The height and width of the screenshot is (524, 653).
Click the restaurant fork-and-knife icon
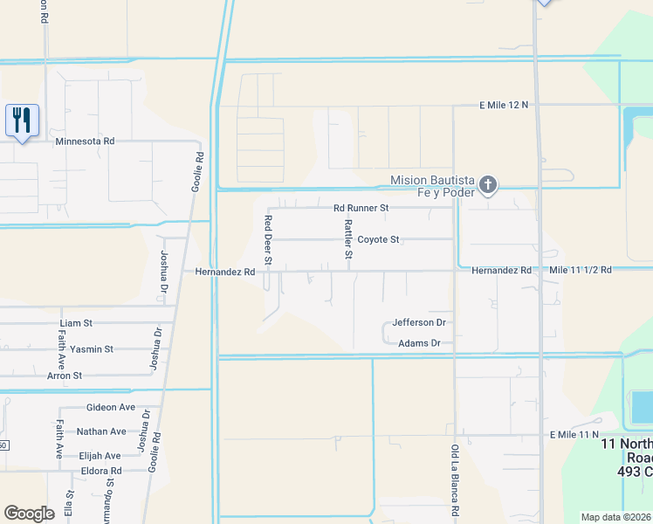tap(22, 120)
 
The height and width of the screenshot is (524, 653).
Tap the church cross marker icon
tap(488, 185)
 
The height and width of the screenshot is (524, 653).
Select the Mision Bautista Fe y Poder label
tap(433, 186)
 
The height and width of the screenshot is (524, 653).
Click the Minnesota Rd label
tap(85, 141)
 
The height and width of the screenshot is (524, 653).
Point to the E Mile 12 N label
tap(505, 105)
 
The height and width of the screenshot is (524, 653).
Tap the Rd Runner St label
tap(361, 208)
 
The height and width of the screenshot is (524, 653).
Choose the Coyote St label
tap(378, 239)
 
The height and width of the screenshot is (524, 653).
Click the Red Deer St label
tap(269, 240)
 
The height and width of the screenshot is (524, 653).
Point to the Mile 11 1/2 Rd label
tap(581, 271)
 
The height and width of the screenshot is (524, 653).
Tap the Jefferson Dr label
tap(419, 322)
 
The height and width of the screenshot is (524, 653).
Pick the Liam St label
tap(76, 323)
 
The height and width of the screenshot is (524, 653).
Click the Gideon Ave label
tap(111, 408)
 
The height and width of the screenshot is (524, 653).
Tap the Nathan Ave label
tap(101, 431)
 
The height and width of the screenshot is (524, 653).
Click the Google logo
tap(29, 514)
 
